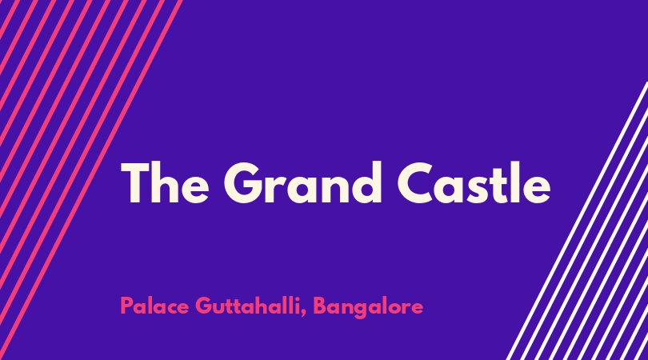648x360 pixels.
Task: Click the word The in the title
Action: click(x=165, y=182)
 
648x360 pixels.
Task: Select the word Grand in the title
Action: click(x=302, y=182)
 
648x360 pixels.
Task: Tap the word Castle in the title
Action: click(x=474, y=182)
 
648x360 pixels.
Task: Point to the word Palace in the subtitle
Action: click(x=154, y=306)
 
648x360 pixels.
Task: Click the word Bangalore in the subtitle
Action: click(x=368, y=307)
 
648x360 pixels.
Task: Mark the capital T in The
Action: click(x=135, y=182)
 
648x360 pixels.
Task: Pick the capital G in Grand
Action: click(x=243, y=182)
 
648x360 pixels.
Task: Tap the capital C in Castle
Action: click(x=415, y=182)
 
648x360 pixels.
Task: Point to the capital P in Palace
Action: click(x=127, y=306)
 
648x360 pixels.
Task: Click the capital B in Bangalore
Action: click(x=320, y=306)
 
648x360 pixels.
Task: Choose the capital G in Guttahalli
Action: click(x=204, y=306)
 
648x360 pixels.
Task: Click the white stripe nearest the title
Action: click(x=578, y=221)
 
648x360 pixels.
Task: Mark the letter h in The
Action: click(x=165, y=182)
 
